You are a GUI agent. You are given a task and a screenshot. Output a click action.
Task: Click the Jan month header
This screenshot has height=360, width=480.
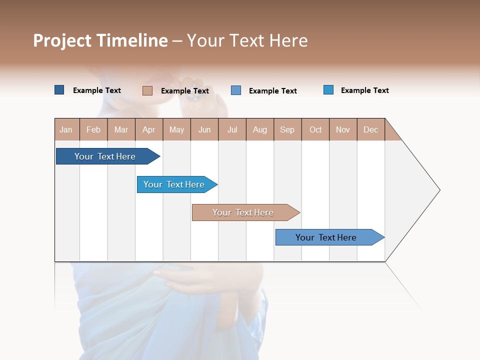[66, 129]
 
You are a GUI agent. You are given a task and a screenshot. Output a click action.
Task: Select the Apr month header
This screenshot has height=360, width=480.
[149, 129]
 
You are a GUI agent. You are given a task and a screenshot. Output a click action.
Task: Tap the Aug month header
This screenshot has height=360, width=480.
[260, 129]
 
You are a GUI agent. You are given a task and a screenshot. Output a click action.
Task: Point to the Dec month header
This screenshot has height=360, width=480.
[371, 129]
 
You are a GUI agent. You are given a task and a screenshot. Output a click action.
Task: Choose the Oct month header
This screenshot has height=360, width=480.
[315, 129]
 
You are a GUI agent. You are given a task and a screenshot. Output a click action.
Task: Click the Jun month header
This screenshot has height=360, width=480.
[204, 129]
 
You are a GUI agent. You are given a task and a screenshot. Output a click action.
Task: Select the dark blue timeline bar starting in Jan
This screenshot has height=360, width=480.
[105, 156]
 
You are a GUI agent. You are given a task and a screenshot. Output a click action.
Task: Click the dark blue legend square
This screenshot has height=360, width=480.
[59, 90]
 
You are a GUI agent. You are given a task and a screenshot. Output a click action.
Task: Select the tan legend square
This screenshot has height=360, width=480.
[147, 90]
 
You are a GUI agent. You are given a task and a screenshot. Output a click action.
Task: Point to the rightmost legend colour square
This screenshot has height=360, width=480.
[328, 90]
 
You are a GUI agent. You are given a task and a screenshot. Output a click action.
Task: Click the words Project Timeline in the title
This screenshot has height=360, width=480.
[100, 40]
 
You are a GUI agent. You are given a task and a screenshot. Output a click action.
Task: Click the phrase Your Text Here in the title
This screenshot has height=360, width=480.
[247, 40]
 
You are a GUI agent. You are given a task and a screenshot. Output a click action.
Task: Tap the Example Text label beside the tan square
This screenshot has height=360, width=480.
[185, 91]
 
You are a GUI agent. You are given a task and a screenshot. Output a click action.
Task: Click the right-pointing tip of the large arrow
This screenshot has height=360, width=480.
[438, 190]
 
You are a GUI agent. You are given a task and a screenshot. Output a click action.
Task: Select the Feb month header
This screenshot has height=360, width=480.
[93, 129]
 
